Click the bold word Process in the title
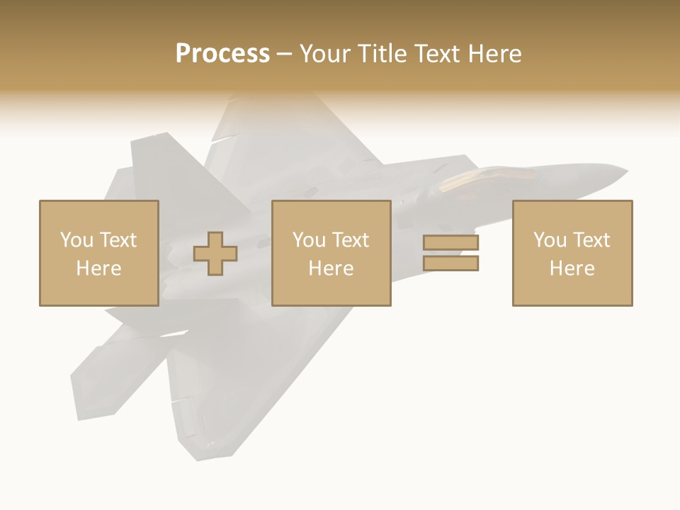click(x=222, y=54)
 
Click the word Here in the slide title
click(x=495, y=54)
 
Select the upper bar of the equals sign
click(x=451, y=242)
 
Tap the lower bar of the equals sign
click(x=451, y=263)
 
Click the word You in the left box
click(x=76, y=240)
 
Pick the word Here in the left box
click(x=98, y=268)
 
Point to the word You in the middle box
click(x=309, y=240)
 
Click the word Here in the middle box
click(x=331, y=268)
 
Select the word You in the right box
click(x=550, y=240)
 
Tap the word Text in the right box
click(x=591, y=240)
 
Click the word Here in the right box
click(x=572, y=268)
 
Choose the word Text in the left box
click(x=118, y=240)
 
